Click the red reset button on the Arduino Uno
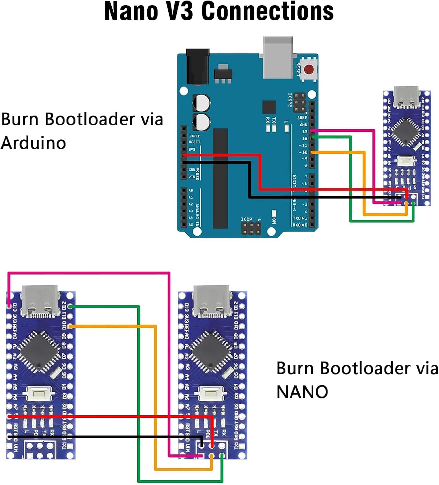coord(309,69)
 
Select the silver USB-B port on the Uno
coord(278,58)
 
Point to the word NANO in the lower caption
coord(302,392)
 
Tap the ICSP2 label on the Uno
coord(290,100)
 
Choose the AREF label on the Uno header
coord(302,118)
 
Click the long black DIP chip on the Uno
coord(220,178)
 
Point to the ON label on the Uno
coord(274,221)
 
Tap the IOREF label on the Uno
coord(194,136)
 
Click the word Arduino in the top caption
coord(33,143)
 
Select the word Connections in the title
coord(267,12)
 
